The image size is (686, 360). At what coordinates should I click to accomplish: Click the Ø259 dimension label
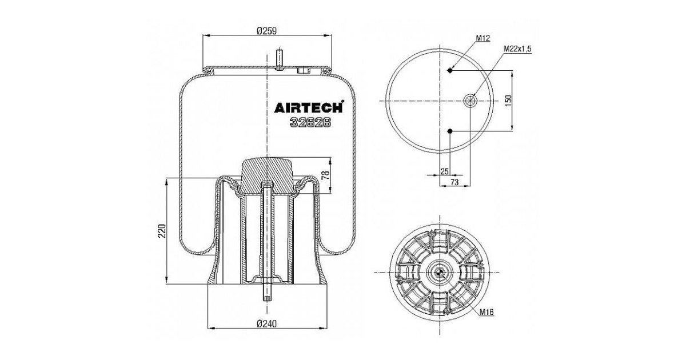tap(266, 32)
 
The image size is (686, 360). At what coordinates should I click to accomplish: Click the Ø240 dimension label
tap(266, 323)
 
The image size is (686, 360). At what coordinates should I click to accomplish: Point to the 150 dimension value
tap(523, 101)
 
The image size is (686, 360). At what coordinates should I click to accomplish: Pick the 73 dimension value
tap(454, 182)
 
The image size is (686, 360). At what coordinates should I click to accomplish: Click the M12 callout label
tap(484, 38)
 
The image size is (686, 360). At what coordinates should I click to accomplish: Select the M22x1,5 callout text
tap(517, 50)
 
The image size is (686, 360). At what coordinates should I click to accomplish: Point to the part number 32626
tap(310, 121)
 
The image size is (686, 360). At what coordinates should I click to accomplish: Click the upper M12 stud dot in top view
tap(450, 70)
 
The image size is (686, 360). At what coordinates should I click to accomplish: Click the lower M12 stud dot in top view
tap(450, 131)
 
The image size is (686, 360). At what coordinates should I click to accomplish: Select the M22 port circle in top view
tap(470, 101)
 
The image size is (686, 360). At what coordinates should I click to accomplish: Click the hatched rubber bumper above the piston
tap(267, 175)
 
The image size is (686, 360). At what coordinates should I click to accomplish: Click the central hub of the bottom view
tap(438, 273)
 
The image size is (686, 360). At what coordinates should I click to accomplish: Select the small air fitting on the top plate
tap(303, 71)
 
